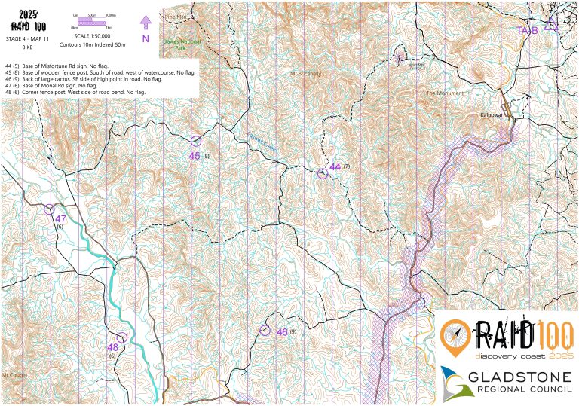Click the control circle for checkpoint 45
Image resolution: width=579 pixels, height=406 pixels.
(x=196, y=140)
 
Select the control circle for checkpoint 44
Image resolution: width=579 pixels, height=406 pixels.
(x=323, y=174)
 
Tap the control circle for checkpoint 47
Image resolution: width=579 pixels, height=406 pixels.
(x=50, y=209)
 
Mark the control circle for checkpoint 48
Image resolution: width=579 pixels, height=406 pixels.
(x=121, y=337)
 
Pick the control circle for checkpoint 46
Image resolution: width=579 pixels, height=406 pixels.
(x=265, y=331)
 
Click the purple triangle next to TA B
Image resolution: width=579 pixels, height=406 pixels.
(x=550, y=25)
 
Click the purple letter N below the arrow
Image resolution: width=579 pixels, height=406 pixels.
(x=146, y=38)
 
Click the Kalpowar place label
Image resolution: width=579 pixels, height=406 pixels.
(x=492, y=115)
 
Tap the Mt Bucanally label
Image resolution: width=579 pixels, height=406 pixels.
(x=305, y=74)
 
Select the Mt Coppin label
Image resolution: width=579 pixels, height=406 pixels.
(x=14, y=374)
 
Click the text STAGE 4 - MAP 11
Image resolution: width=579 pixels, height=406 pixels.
(x=27, y=38)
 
